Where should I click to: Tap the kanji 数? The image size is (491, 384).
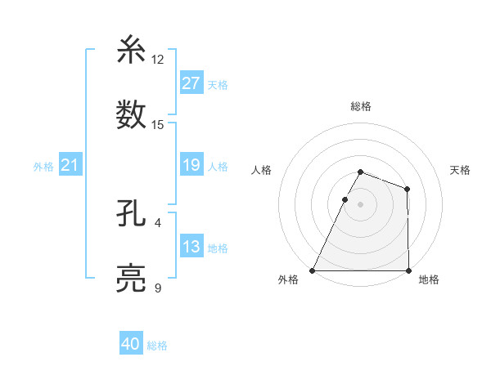[x=133, y=115]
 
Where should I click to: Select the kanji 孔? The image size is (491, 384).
[x=133, y=214]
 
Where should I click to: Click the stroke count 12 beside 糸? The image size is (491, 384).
[x=158, y=60]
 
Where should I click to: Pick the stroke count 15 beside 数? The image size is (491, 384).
[x=158, y=125]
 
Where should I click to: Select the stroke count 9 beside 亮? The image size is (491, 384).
[x=158, y=288]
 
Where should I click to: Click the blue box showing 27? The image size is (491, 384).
[x=191, y=83]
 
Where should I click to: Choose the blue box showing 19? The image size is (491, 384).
[x=191, y=165]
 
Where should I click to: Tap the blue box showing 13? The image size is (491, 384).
[x=191, y=247]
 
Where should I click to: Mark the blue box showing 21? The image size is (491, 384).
[x=70, y=165]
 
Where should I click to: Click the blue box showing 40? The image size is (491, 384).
[x=130, y=344]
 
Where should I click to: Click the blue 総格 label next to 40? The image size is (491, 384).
[x=157, y=346]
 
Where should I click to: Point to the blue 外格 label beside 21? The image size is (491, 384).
[x=43, y=167]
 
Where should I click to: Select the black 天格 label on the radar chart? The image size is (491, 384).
[x=461, y=170]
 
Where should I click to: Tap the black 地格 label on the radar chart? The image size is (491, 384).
[x=429, y=280]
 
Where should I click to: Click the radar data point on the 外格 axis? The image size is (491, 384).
[x=312, y=270]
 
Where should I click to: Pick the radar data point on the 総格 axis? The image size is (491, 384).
[x=360, y=172]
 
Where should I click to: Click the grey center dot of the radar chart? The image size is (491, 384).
[x=360, y=203]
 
